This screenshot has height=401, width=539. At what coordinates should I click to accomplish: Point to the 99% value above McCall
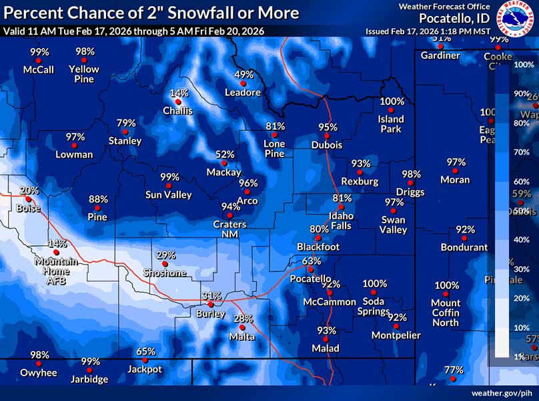point(39,52)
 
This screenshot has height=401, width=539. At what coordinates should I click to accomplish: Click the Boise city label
point(29,209)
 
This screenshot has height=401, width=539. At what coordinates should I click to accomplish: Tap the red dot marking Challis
point(178,102)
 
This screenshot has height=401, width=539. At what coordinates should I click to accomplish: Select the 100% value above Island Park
point(392,102)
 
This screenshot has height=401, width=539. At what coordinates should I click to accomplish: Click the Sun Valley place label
point(169,195)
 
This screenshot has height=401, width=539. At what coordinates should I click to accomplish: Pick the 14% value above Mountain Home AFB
point(57,244)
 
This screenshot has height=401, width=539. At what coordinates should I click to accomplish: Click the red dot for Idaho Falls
point(341,207)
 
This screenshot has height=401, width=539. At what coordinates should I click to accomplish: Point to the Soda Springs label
point(374,307)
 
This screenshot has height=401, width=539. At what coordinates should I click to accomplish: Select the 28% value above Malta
point(243,319)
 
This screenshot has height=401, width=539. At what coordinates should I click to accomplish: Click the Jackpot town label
point(145,369)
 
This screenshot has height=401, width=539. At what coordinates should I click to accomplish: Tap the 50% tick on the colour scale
point(522,211)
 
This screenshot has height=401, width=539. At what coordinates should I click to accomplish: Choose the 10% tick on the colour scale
point(522,327)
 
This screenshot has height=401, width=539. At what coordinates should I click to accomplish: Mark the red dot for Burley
point(211,304)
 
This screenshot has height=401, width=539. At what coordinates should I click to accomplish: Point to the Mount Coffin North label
point(446,313)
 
